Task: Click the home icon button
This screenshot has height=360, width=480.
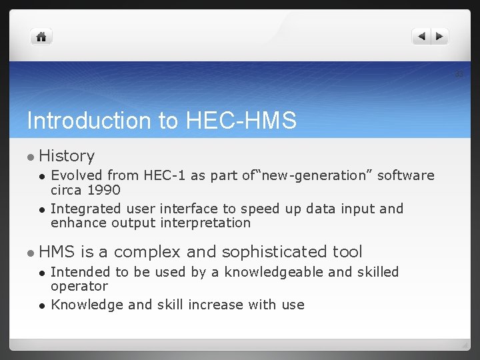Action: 41,37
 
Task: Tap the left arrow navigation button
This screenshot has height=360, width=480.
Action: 421,37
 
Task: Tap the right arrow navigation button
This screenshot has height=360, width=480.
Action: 440,37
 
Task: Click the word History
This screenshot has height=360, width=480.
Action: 67,156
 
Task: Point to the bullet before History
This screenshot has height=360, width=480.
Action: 30,157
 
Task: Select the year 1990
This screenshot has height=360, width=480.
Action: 103,189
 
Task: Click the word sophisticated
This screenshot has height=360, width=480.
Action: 275,252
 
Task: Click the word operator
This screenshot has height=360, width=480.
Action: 79,286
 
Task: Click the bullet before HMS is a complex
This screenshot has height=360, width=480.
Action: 30,253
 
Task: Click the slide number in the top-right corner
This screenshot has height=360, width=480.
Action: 459,74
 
